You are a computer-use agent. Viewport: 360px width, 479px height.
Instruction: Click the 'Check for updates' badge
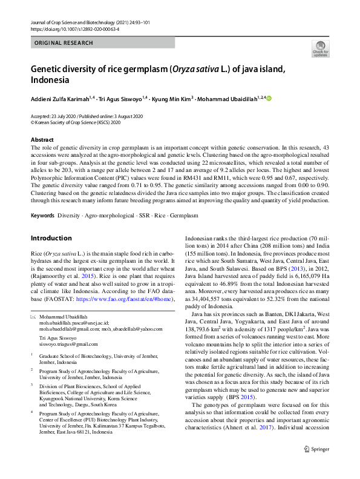click(320, 48)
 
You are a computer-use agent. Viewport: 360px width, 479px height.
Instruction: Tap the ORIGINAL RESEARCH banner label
click(64, 43)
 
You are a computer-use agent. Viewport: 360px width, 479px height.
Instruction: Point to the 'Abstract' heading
click(42, 140)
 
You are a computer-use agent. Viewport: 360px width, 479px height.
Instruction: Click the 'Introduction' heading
click(51, 221)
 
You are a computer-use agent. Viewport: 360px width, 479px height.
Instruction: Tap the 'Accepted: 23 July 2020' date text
click(57, 116)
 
